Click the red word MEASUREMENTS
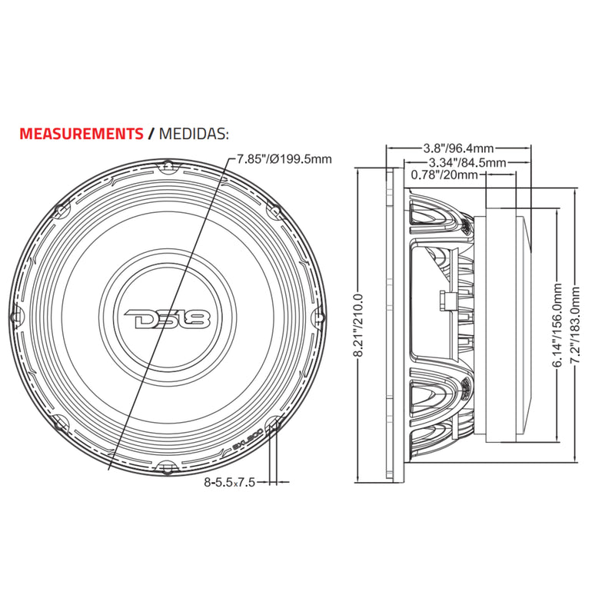81,133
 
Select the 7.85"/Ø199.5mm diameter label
284,159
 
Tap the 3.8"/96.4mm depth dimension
458,147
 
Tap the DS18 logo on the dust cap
168,315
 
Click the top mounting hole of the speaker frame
168,164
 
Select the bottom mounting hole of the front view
168,467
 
